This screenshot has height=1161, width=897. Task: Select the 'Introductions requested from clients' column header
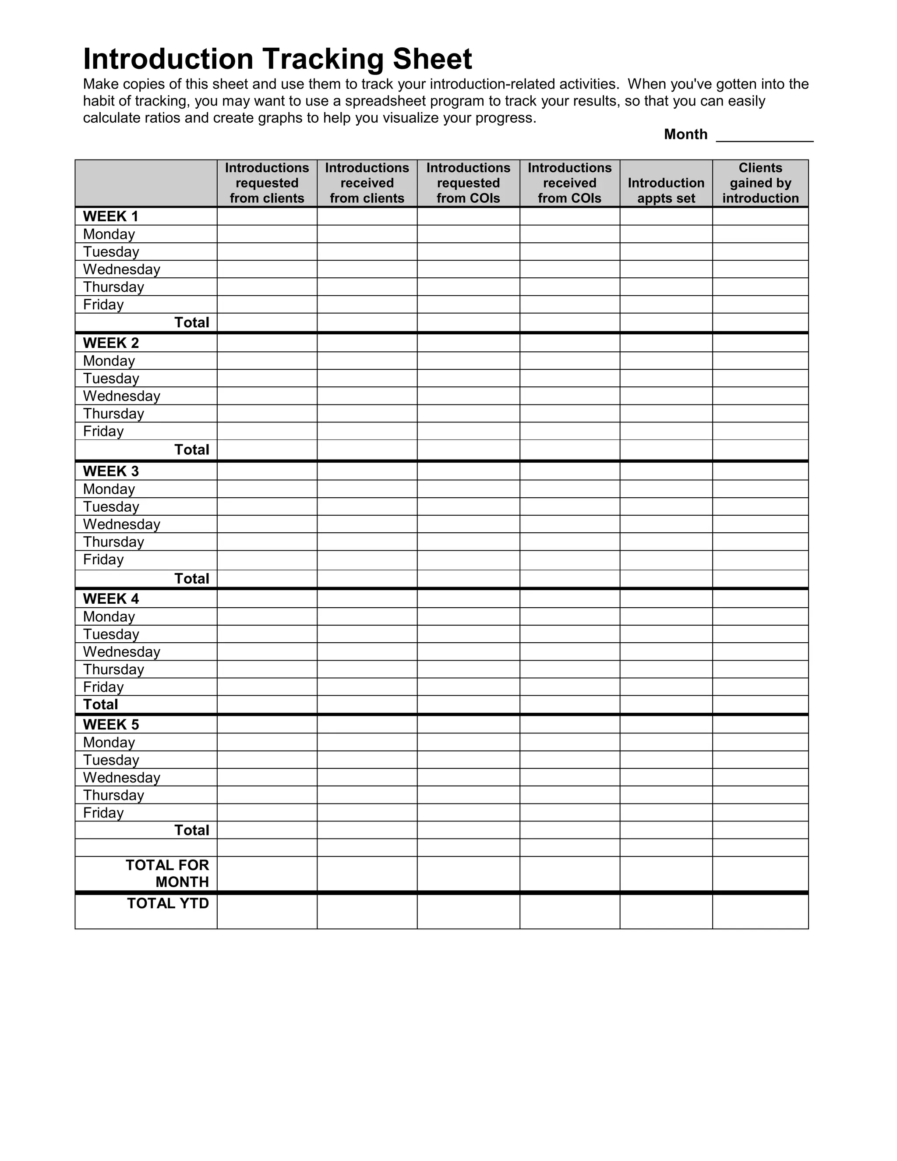pyautogui.click(x=267, y=183)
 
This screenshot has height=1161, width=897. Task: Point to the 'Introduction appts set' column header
pyautogui.click(x=666, y=190)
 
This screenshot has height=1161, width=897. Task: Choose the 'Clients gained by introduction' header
pyautogui.click(x=760, y=183)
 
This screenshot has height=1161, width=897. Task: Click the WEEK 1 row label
pyautogui.click(x=110, y=216)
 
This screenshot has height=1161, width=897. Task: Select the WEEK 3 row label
pyautogui.click(x=110, y=471)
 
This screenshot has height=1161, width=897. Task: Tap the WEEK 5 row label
pyautogui.click(x=110, y=725)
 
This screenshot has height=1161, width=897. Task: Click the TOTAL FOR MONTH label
pyautogui.click(x=167, y=874)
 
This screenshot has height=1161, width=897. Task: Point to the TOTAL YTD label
pyautogui.click(x=168, y=904)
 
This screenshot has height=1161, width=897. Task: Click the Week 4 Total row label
pyautogui.click(x=100, y=704)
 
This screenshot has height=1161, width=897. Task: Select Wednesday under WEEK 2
pyautogui.click(x=121, y=396)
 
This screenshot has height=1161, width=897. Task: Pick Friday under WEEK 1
pyautogui.click(x=103, y=304)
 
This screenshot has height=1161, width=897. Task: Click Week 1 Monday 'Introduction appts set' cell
pyautogui.click(x=666, y=234)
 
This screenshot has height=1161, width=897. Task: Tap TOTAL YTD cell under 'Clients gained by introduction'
pyautogui.click(x=760, y=912)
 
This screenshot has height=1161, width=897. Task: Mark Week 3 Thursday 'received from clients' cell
pyautogui.click(x=367, y=542)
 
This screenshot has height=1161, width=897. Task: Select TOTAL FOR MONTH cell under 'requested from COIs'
pyautogui.click(x=468, y=874)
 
